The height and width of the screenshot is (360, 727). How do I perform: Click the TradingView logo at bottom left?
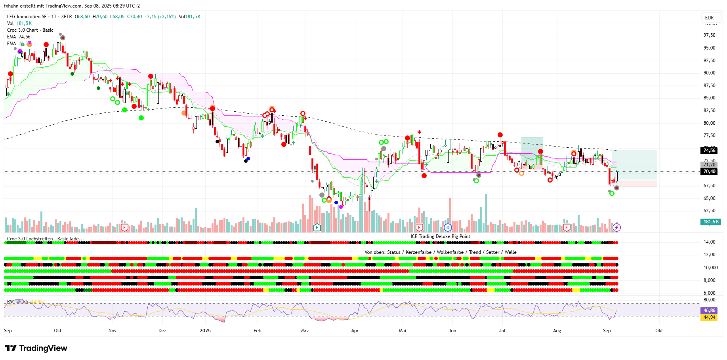[x=36, y=348]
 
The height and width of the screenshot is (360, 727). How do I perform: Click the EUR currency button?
[x=709, y=18]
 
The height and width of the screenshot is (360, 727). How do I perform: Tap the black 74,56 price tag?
[x=709, y=150]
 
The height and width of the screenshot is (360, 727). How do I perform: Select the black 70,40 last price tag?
[x=709, y=171]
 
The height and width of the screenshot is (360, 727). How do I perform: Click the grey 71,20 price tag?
[x=709, y=165]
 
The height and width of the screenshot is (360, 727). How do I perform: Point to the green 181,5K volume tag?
[x=711, y=222]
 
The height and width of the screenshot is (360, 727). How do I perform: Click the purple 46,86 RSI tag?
[x=709, y=310]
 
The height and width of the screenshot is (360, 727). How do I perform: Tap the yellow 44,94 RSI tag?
[x=709, y=317]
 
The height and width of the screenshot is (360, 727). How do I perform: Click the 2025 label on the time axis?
[x=205, y=331]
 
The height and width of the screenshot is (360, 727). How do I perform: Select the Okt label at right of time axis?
[x=659, y=331]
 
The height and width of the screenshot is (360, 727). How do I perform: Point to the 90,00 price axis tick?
[x=709, y=73]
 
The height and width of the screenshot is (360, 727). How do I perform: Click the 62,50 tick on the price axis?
[x=709, y=211]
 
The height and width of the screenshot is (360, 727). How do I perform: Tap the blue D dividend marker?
[x=448, y=227]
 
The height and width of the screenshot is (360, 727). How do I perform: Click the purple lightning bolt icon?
[x=616, y=227]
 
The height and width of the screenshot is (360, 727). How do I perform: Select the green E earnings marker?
[x=317, y=227]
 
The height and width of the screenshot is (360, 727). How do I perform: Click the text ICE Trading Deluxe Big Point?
[x=440, y=236]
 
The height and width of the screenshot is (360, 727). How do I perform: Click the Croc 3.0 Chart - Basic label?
[x=30, y=30]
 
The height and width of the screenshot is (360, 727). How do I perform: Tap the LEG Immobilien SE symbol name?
[x=27, y=17]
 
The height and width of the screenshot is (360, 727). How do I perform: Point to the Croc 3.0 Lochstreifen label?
[x=45, y=239]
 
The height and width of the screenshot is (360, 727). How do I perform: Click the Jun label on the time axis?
[x=452, y=331]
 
